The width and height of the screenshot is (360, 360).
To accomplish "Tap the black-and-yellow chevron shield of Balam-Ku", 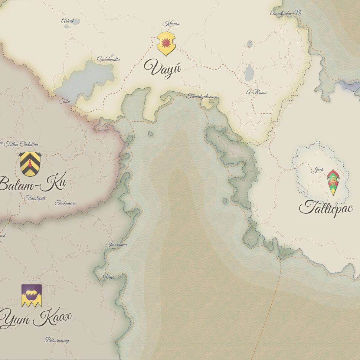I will click(30, 164).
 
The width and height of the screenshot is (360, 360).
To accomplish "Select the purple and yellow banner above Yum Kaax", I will click(32, 295).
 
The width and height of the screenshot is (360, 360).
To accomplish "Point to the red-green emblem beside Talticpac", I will click(333, 182).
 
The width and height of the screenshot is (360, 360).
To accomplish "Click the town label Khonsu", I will click(171, 24).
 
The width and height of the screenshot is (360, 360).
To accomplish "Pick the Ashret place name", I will click(68, 21).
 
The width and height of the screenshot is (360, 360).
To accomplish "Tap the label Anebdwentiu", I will click(108, 59).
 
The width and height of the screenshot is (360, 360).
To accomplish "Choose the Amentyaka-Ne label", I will click(286, 13).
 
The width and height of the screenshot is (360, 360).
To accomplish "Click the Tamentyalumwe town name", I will click(202, 96).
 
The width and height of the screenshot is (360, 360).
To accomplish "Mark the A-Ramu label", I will click(257, 92).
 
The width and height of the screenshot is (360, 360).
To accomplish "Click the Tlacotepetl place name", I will click(36, 198).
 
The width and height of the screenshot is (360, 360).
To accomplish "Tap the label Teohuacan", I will click(65, 203).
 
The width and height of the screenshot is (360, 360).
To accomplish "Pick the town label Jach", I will click(317, 170).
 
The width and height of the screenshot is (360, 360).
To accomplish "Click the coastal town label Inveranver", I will click(116, 245).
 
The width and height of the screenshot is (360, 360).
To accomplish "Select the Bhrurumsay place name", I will click(57, 340).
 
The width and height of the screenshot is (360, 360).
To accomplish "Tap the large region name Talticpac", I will click(325, 208).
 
